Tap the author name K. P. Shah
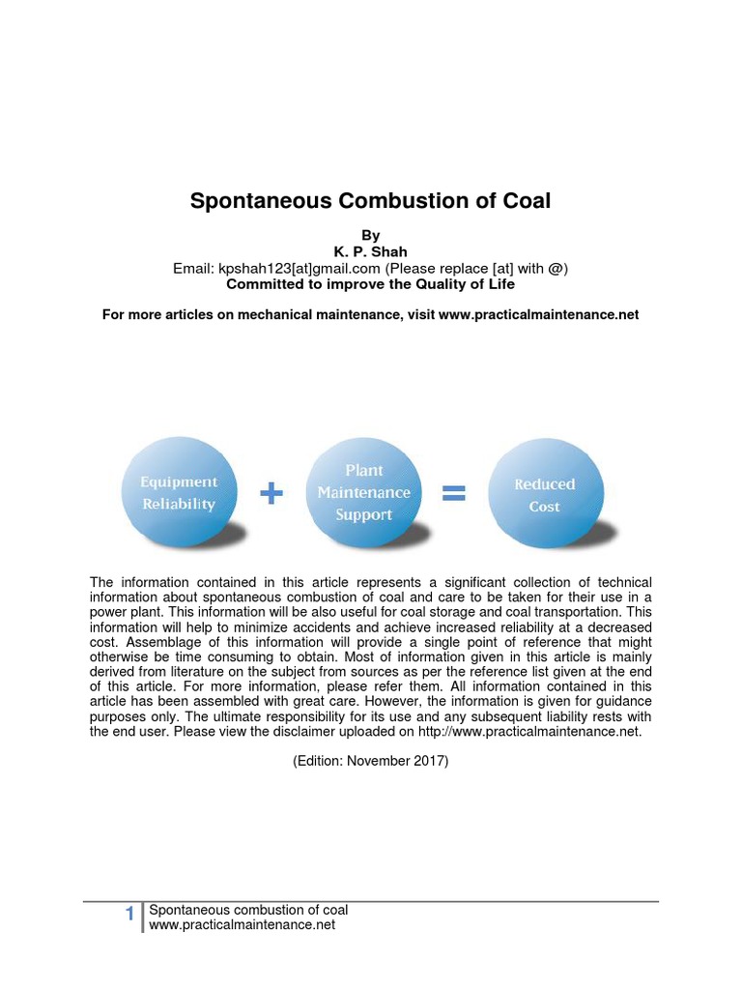(370, 251)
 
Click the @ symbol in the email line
(554, 268)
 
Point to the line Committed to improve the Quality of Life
(370, 284)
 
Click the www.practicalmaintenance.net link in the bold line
(538, 315)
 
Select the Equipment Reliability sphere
(180, 492)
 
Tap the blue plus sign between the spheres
(272, 494)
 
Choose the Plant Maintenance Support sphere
(363, 492)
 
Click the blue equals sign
(453, 494)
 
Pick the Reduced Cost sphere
(544, 494)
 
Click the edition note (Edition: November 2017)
(371, 761)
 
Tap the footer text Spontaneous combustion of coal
(248, 910)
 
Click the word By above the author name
(370, 235)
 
